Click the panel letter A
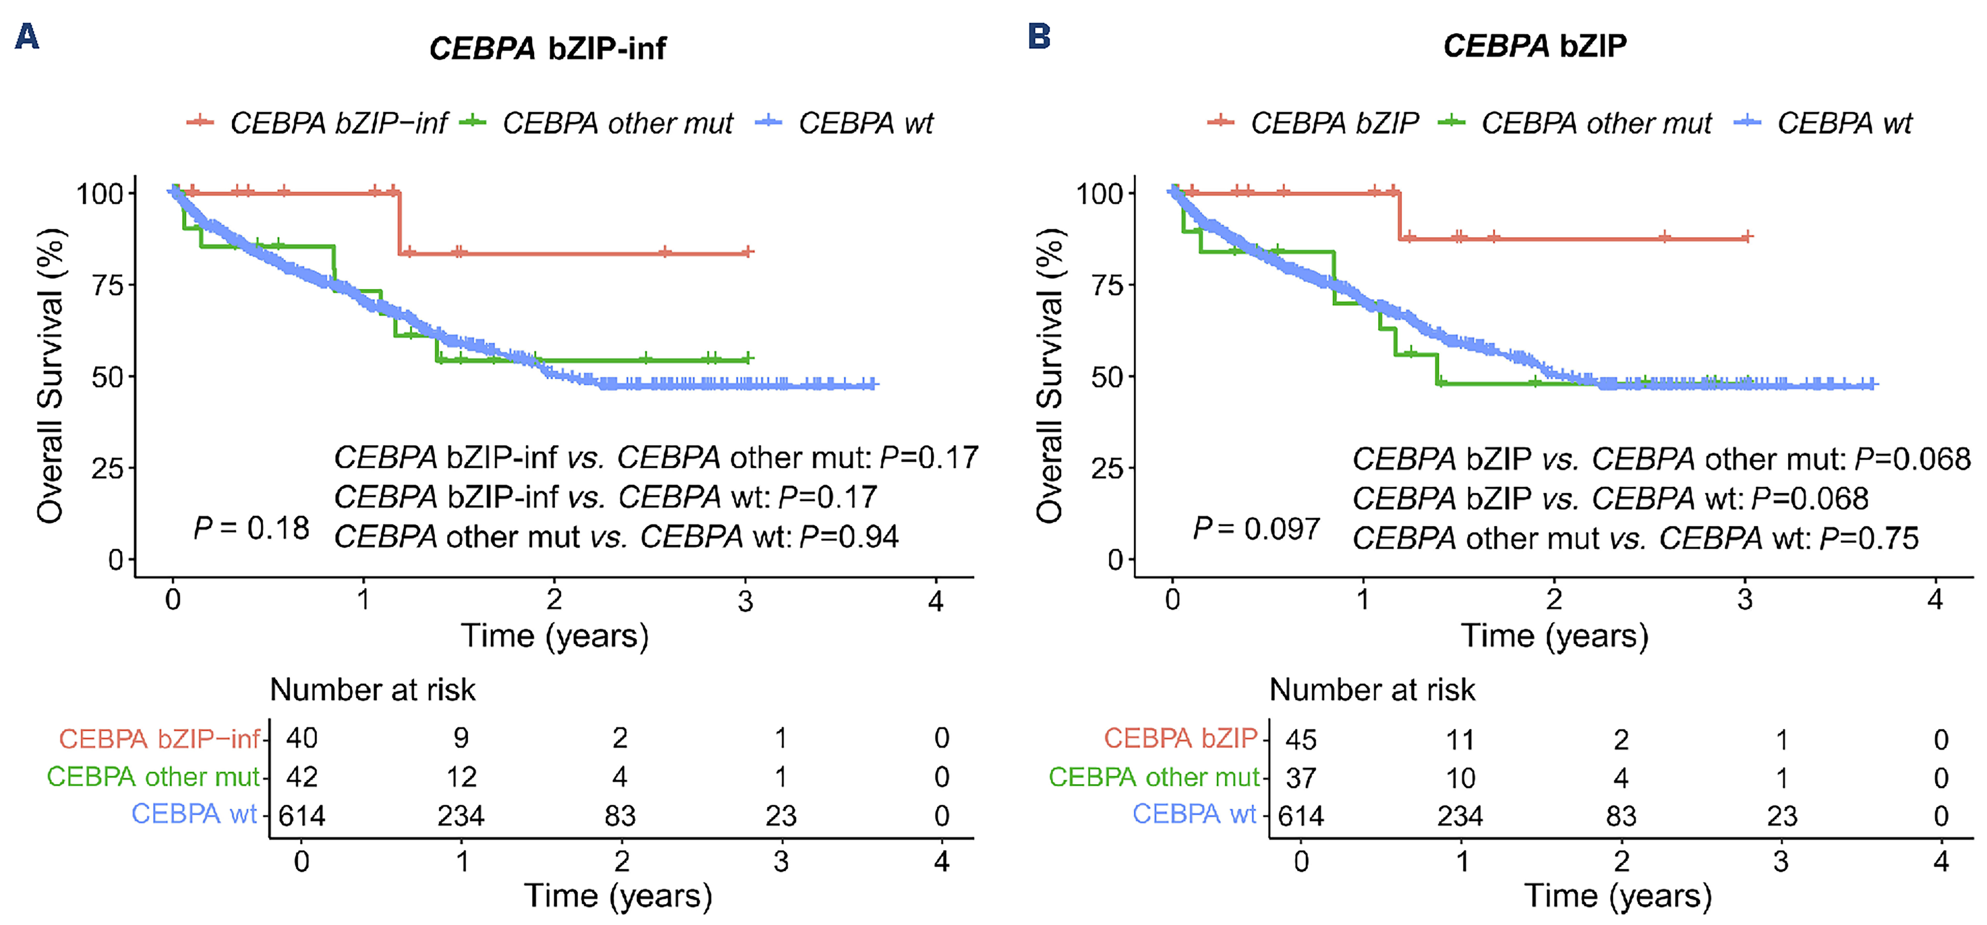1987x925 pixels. [27, 36]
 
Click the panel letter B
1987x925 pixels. [1039, 36]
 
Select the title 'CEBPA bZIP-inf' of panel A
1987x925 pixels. [548, 48]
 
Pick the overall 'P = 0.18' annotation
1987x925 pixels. [251, 528]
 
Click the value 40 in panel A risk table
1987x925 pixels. [301, 738]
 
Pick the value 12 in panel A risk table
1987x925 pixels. [461, 777]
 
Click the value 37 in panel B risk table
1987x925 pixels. [1301, 778]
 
